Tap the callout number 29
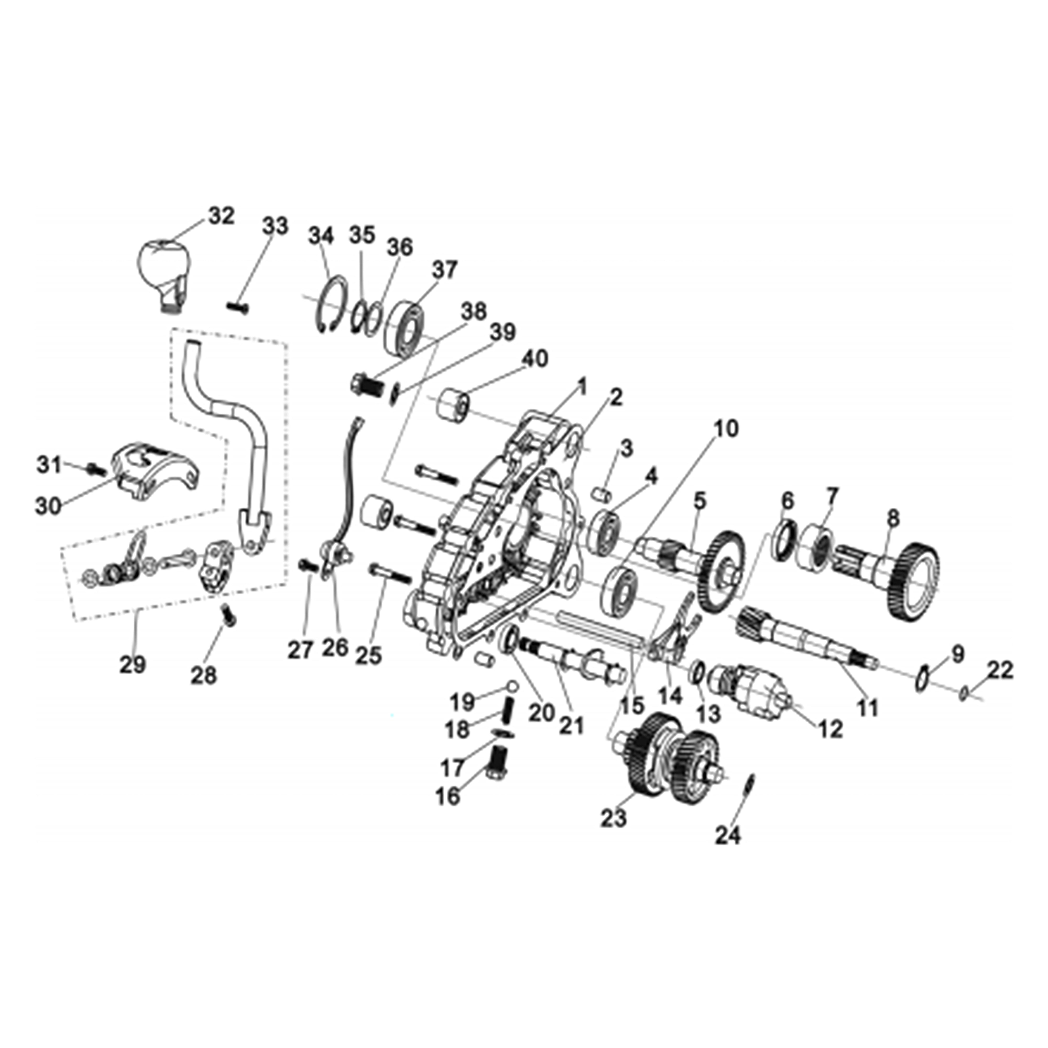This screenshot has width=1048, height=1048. pyautogui.click(x=133, y=664)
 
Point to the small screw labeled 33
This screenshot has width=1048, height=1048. pyautogui.click(x=238, y=308)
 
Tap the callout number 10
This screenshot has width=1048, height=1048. pyautogui.click(x=726, y=429)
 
